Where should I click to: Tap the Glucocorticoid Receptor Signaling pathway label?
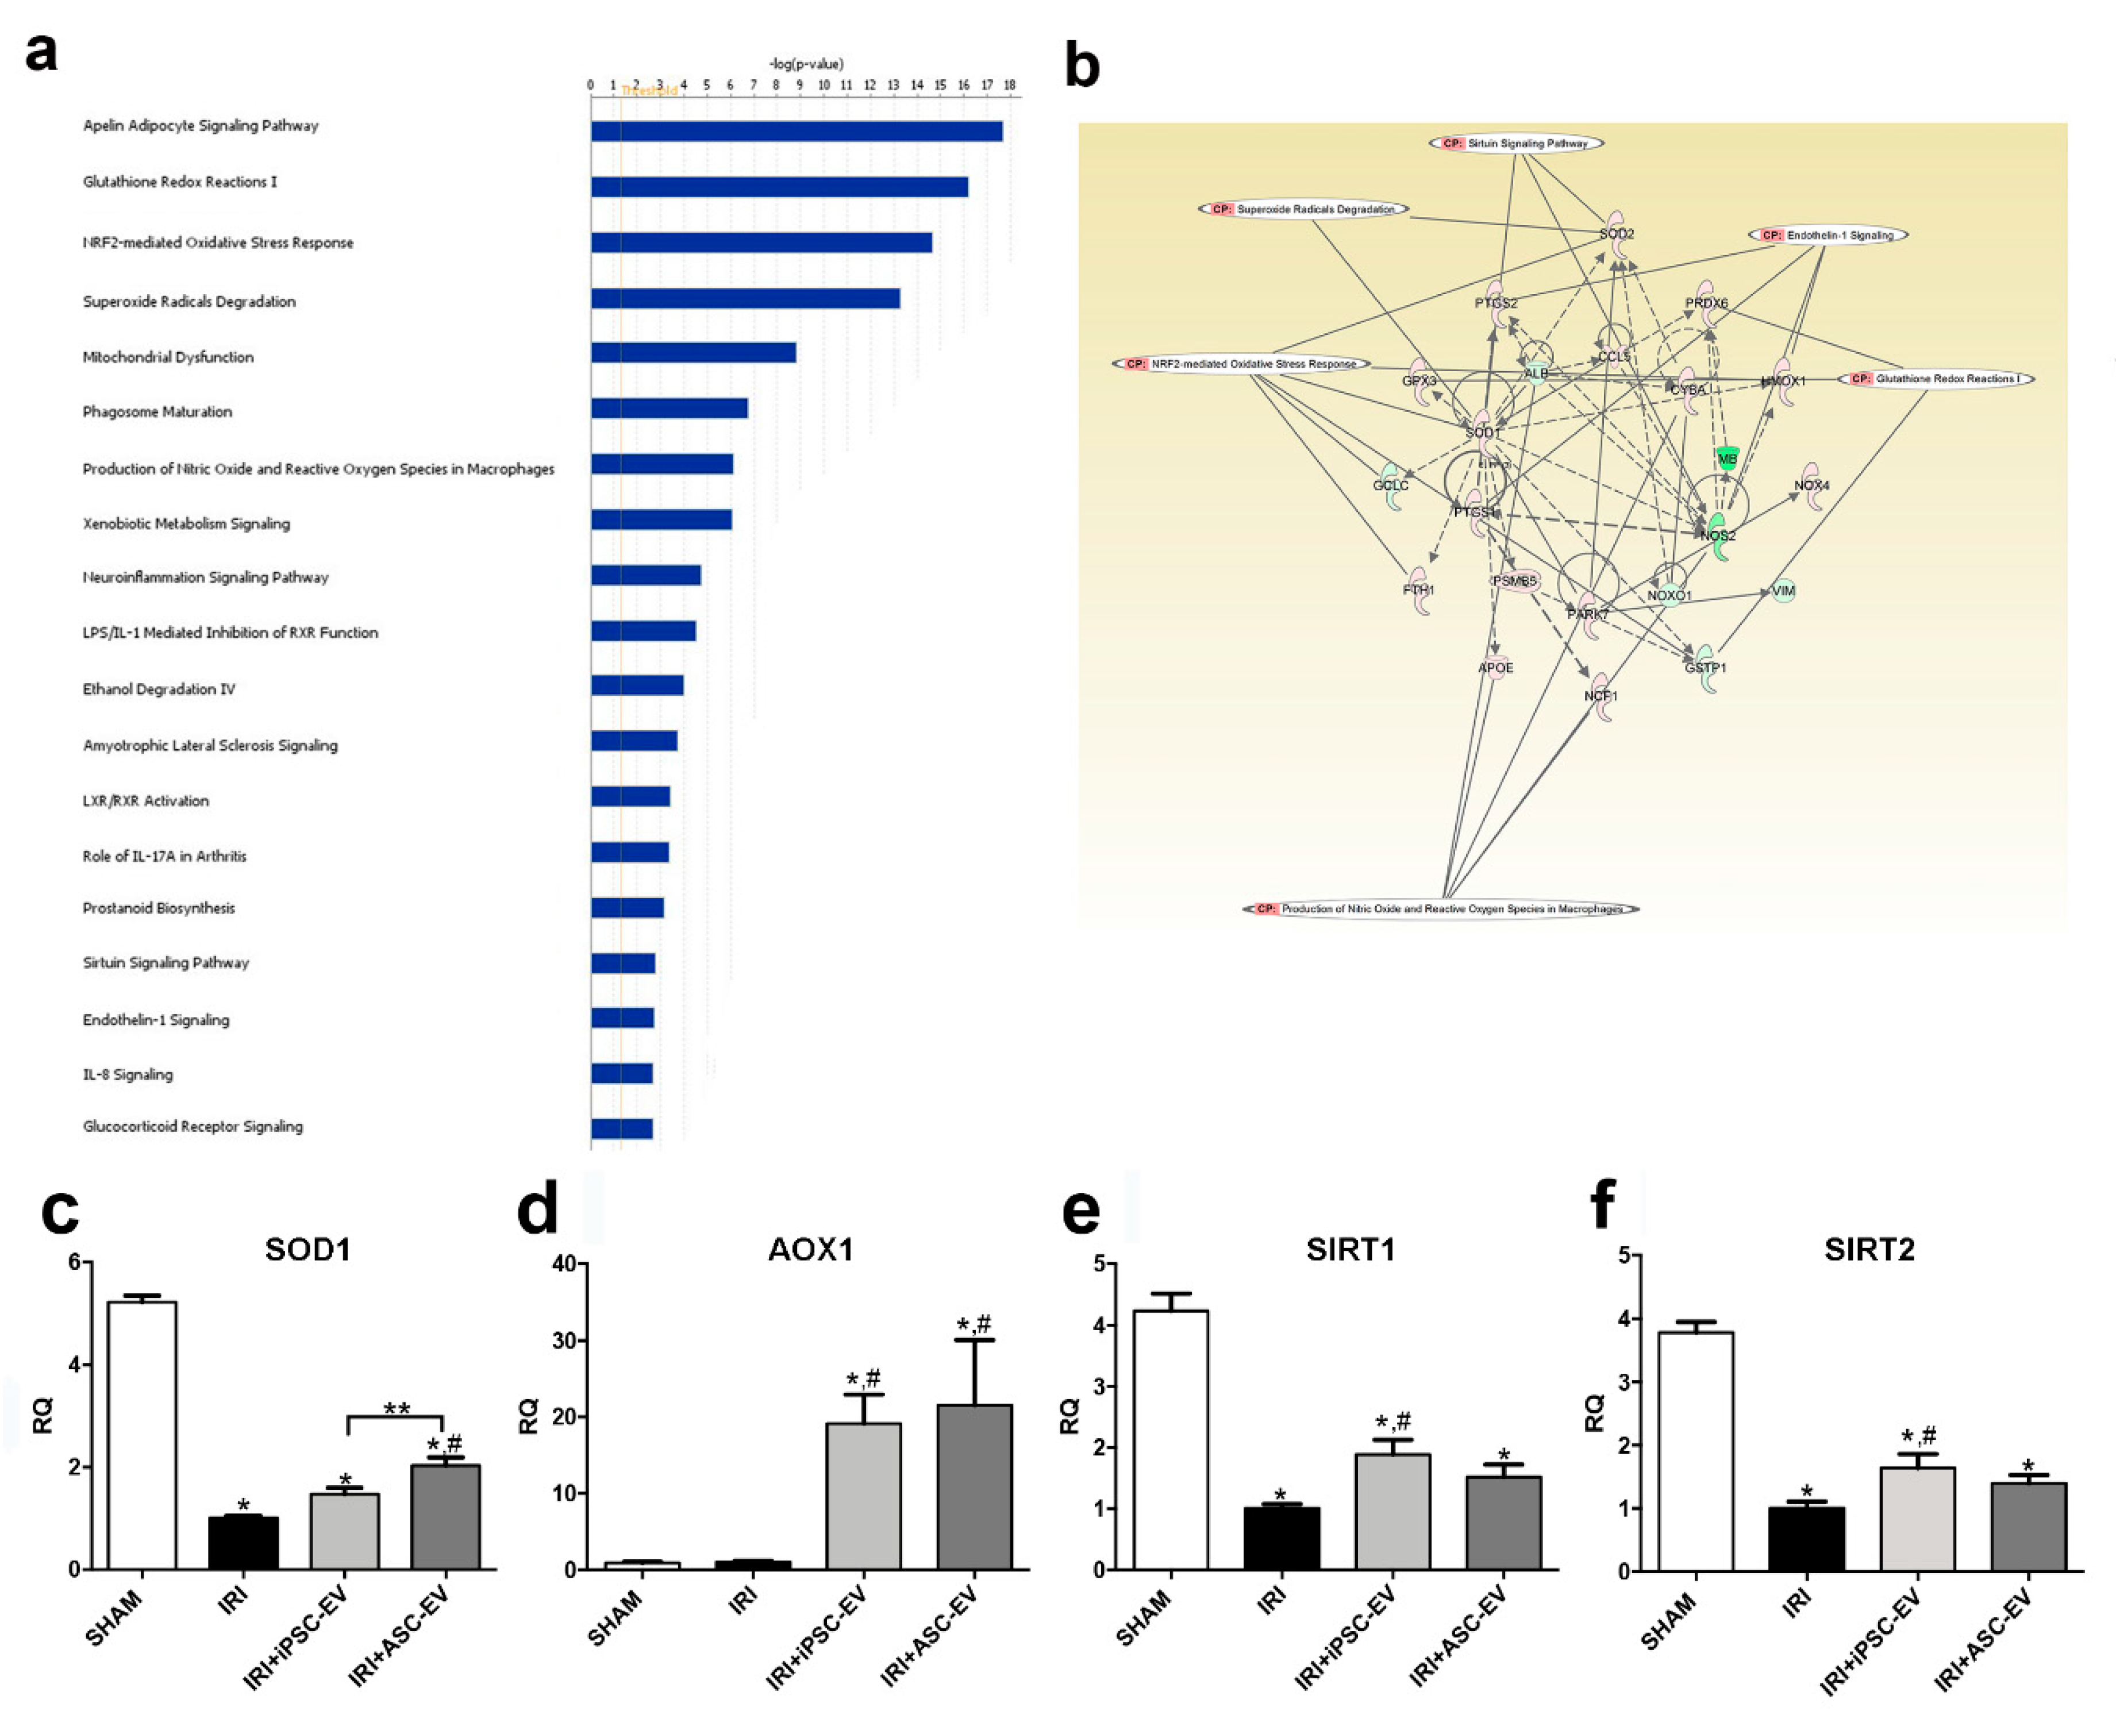(193, 1126)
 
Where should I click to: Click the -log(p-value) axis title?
(805, 64)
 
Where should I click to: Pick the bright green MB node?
(1728, 458)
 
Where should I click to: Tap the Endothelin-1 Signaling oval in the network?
(1828, 235)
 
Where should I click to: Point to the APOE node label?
(1495, 668)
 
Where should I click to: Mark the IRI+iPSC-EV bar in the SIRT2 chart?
(1917, 1519)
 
